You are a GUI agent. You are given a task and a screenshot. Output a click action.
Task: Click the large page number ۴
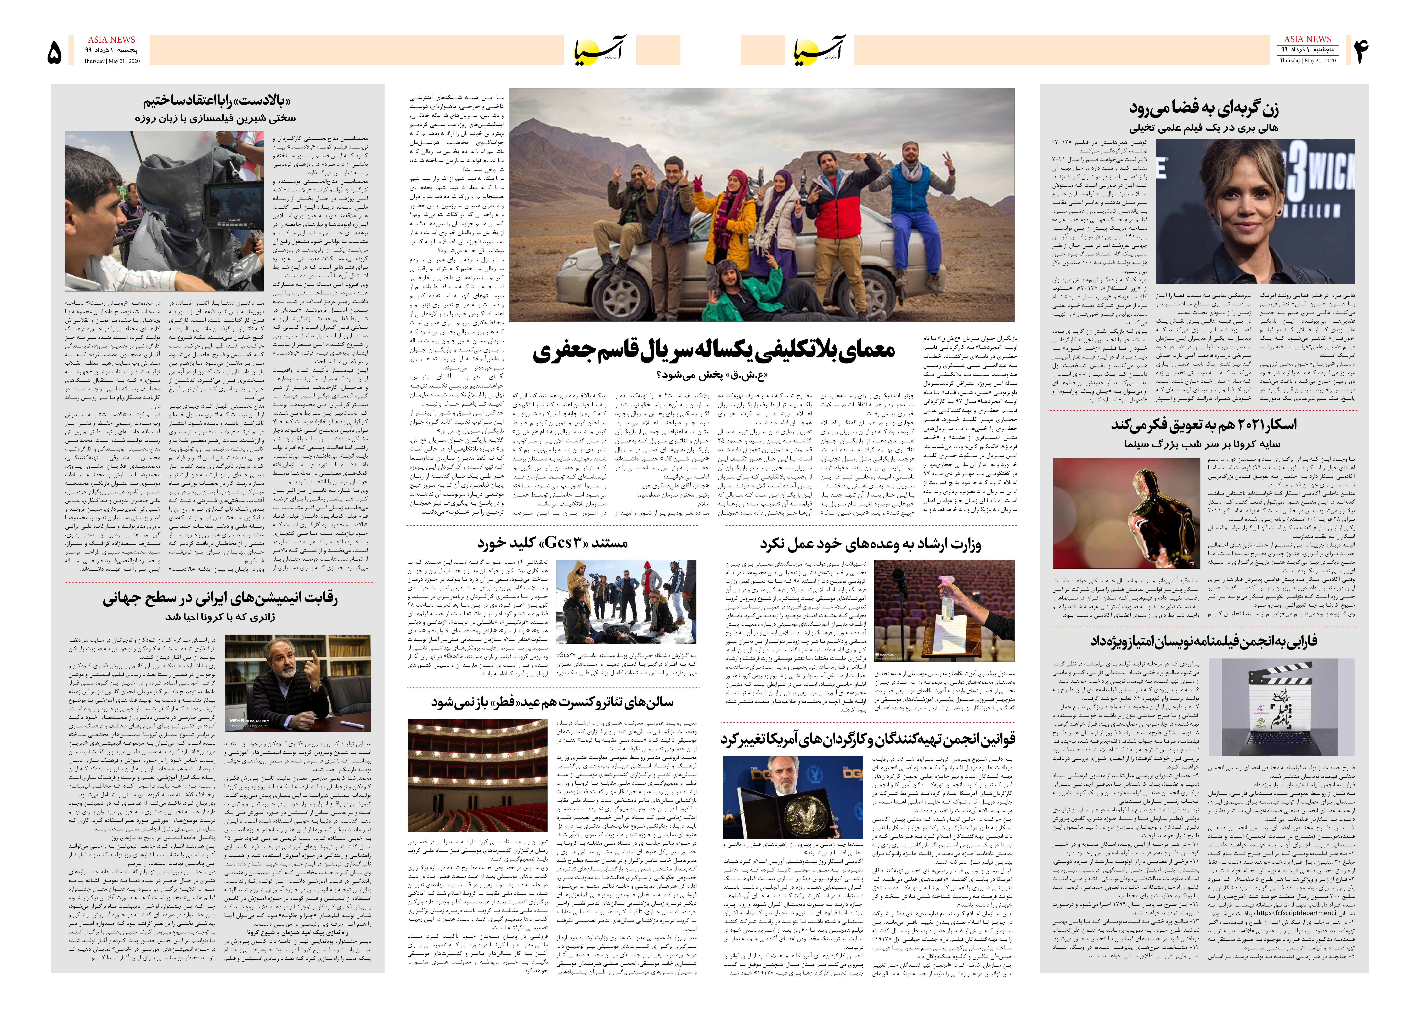click(x=1361, y=51)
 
